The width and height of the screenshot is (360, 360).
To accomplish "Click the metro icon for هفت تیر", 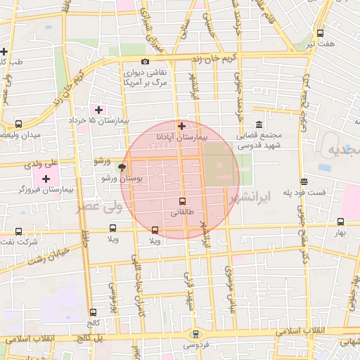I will click(321, 33).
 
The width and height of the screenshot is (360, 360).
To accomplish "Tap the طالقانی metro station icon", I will click(184, 200).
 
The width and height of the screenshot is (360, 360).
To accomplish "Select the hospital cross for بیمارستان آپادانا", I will click(182, 127).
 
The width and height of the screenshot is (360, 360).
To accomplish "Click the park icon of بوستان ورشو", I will click(124, 167).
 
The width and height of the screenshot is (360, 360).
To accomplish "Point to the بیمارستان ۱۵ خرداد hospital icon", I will click(98, 110).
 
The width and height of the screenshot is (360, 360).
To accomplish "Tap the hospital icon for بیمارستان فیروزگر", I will click(46, 179).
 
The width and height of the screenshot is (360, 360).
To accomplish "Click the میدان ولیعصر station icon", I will click(18, 123).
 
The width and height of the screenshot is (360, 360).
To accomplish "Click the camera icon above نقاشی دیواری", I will click(145, 62).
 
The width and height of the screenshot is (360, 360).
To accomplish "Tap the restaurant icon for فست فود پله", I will click(303, 181).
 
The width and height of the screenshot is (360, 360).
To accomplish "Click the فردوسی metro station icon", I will click(195, 334).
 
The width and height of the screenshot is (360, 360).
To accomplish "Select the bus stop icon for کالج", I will click(93, 312).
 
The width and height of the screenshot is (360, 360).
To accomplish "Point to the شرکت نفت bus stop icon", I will click(18, 231).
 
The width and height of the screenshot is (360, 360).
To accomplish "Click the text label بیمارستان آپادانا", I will click(182, 139).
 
